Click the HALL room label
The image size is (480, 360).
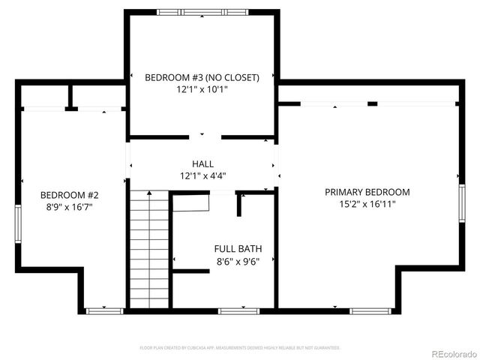[202, 163]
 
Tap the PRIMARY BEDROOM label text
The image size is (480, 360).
[367, 192]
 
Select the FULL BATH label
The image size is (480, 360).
[238, 249]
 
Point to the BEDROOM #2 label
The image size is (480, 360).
[70, 195]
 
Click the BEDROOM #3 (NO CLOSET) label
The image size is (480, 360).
[202, 77]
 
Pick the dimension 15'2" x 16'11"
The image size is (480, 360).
[367, 203]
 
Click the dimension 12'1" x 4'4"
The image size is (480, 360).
[202, 175]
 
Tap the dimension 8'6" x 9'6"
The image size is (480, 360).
[238, 261]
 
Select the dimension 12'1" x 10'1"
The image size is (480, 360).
[202, 89]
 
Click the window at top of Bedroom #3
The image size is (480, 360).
[202, 12]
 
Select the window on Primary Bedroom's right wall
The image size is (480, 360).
[461, 205]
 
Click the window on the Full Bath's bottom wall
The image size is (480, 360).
[239, 310]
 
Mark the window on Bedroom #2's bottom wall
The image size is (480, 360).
[103, 310]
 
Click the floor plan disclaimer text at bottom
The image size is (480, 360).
[240, 348]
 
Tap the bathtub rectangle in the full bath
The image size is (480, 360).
[190, 202]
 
